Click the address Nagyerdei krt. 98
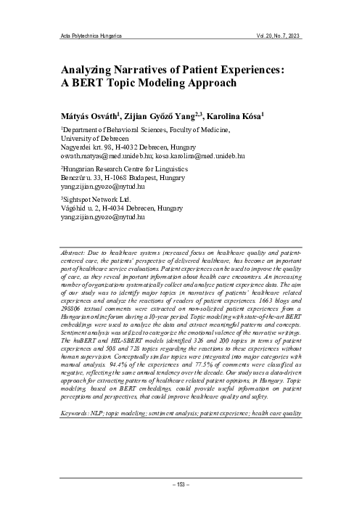click(x=89, y=147)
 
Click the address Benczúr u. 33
click(x=84, y=177)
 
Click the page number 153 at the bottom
click(x=181, y=485)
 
